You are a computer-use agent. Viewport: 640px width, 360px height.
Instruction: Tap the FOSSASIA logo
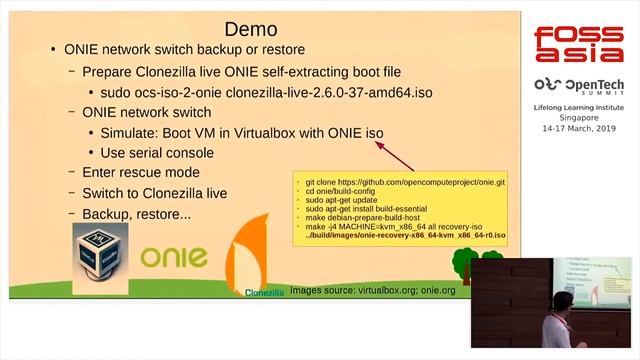point(577,45)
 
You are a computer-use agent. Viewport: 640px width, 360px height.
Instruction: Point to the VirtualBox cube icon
point(100,259)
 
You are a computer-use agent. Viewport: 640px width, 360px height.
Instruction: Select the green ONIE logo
point(174,256)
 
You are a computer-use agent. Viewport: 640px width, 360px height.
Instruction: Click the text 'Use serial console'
point(157,153)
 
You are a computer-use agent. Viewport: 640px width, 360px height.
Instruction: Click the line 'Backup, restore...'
point(136,214)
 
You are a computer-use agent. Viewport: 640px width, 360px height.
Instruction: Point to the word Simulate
point(134,133)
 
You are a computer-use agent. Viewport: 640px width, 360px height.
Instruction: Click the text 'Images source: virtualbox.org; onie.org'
point(366,290)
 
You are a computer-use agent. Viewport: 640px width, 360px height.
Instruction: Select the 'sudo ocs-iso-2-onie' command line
point(261,92)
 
